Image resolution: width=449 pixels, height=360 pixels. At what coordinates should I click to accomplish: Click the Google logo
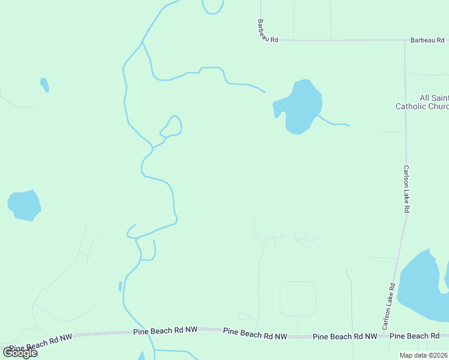[x=20, y=352]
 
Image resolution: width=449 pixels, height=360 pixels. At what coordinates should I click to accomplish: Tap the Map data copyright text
[x=424, y=355]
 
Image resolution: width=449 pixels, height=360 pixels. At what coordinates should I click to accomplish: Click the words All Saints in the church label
[x=433, y=98]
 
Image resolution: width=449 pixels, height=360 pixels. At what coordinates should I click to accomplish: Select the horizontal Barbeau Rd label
[x=429, y=40]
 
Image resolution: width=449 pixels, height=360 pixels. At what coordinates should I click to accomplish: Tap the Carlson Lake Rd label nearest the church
[x=406, y=189]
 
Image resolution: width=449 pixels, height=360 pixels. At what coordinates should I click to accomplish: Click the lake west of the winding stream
[x=24, y=205]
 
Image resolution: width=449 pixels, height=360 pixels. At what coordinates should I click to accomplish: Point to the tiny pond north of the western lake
[x=44, y=85]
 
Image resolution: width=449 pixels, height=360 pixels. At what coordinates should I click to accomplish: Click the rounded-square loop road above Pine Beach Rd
[x=298, y=299]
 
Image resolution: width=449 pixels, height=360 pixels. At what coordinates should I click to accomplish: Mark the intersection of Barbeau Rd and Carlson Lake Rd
[x=405, y=40]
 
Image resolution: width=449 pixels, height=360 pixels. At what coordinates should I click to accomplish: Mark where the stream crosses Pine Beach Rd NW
[x=152, y=331]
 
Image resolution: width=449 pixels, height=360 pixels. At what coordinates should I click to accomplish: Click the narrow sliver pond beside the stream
[x=121, y=286]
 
